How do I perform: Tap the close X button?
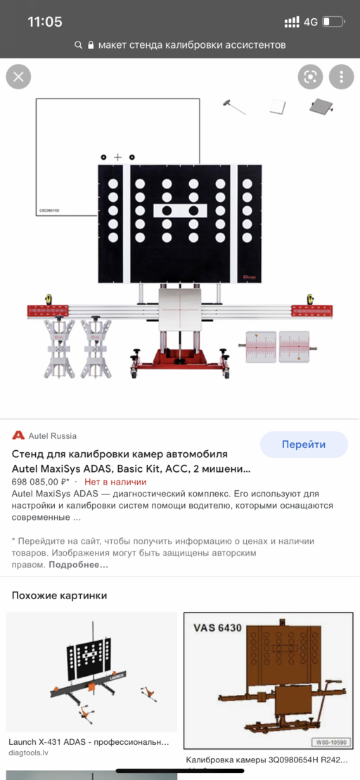[x=19, y=77]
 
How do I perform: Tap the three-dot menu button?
[x=341, y=77]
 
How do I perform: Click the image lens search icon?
[x=310, y=77]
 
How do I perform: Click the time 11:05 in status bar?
[x=45, y=22]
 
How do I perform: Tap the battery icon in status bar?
[x=335, y=23]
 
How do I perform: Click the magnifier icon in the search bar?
[x=79, y=45]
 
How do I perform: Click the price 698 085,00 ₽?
[x=41, y=482]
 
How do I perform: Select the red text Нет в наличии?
[x=115, y=482]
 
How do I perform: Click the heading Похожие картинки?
[x=60, y=595]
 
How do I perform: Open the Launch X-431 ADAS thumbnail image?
[x=91, y=671]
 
